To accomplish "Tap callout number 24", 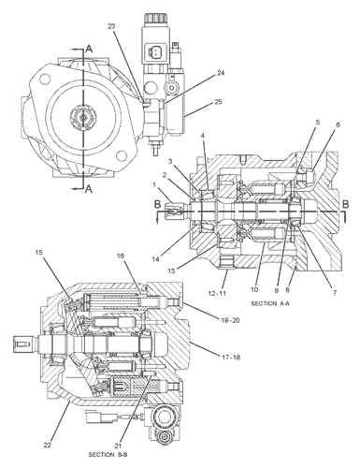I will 221,72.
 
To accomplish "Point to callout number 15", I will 39,252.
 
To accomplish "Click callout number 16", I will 121,255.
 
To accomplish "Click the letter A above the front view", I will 89,46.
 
